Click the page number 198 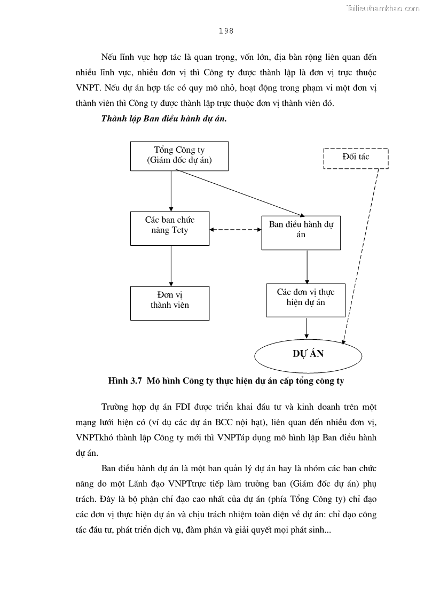tap(226, 31)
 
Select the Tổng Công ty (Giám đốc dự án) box tap(179, 156)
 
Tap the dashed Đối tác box tap(356, 158)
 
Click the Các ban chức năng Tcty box tap(170, 228)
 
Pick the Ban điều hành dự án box tap(301, 232)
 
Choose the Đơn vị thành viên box tap(170, 303)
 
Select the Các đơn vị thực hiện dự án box tap(305, 300)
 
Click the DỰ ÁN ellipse tap(308, 354)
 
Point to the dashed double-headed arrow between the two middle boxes tap(235, 230)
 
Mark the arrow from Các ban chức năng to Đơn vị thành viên tap(171, 266)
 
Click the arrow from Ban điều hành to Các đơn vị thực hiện tap(307, 266)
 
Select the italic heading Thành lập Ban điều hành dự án tap(164, 119)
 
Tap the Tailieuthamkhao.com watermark tap(383, 8)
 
